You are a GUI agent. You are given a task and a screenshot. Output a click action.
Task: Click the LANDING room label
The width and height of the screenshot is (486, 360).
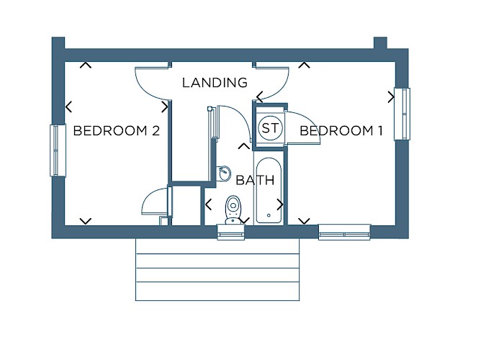pyautogui.click(x=215, y=83)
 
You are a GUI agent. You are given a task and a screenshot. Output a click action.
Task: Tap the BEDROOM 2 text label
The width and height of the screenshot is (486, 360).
pyautogui.click(x=117, y=130)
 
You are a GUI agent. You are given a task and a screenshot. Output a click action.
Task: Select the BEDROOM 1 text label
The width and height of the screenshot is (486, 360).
pyautogui.click(x=341, y=130)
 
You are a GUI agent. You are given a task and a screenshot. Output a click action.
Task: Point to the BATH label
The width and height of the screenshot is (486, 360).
pyautogui.click(x=255, y=180)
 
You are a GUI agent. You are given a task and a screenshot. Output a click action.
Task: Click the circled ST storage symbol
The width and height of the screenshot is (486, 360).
pyautogui.click(x=270, y=127)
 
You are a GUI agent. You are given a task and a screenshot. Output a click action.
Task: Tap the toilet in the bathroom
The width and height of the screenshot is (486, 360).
pyautogui.click(x=233, y=209)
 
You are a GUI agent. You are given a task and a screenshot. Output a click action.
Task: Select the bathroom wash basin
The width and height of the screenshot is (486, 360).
pyautogui.click(x=224, y=174)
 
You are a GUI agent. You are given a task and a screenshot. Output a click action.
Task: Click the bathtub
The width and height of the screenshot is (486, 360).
pyautogui.click(x=269, y=191)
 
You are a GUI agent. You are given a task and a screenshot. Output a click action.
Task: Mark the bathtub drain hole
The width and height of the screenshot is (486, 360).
pyautogui.click(x=269, y=215)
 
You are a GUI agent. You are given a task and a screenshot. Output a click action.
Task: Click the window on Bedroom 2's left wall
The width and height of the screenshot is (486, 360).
pyautogui.click(x=58, y=150)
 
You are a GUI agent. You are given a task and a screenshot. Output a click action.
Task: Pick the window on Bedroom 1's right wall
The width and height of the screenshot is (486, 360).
pyautogui.click(x=402, y=114)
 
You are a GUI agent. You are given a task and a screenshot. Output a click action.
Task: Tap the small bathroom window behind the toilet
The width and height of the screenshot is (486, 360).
pyautogui.click(x=231, y=233)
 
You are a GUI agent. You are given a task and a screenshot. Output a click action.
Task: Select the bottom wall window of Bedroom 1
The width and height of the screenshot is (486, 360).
pyautogui.click(x=345, y=232)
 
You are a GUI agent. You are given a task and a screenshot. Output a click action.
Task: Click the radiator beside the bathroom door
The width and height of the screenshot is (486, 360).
pyautogui.click(x=213, y=122)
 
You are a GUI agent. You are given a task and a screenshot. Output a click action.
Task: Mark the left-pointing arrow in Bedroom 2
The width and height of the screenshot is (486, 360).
pyautogui.click(x=69, y=107)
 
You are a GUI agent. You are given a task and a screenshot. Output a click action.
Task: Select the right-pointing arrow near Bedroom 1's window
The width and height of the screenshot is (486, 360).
pyautogui.click(x=391, y=97)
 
